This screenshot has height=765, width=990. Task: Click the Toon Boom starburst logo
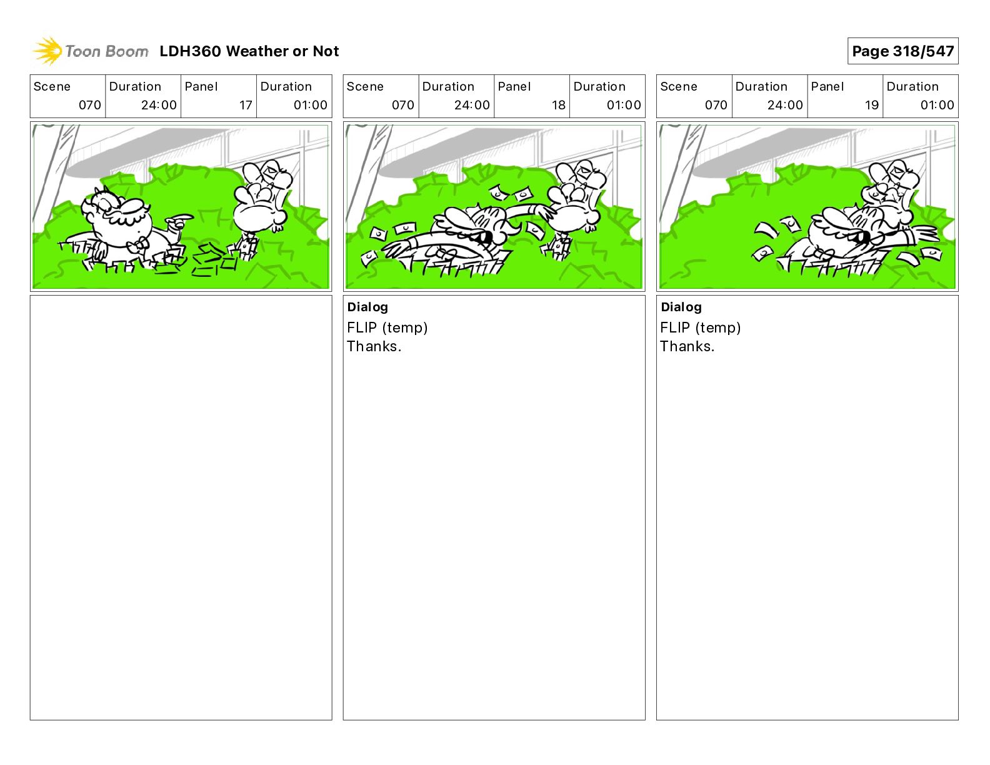click(x=47, y=51)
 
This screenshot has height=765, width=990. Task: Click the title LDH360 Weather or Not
click(x=249, y=51)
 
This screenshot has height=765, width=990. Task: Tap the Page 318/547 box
click(x=902, y=51)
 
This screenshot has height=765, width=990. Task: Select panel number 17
click(x=246, y=105)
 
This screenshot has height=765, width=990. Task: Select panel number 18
click(x=559, y=105)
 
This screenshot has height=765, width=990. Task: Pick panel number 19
click(x=871, y=105)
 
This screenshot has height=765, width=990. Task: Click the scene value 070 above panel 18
click(x=402, y=105)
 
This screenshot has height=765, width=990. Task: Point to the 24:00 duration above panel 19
click(x=785, y=105)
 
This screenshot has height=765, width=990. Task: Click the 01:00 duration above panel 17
click(x=310, y=105)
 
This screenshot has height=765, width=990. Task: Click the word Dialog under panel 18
click(x=367, y=307)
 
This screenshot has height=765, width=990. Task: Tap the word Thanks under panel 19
click(x=685, y=346)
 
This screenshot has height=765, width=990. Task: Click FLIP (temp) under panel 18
click(x=387, y=327)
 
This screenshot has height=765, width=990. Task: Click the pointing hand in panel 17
click(x=179, y=221)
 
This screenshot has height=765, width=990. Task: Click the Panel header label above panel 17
click(x=201, y=87)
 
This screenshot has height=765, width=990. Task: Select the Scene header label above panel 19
click(x=678, y=87)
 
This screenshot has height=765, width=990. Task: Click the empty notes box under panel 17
click(x=181, y=507)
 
